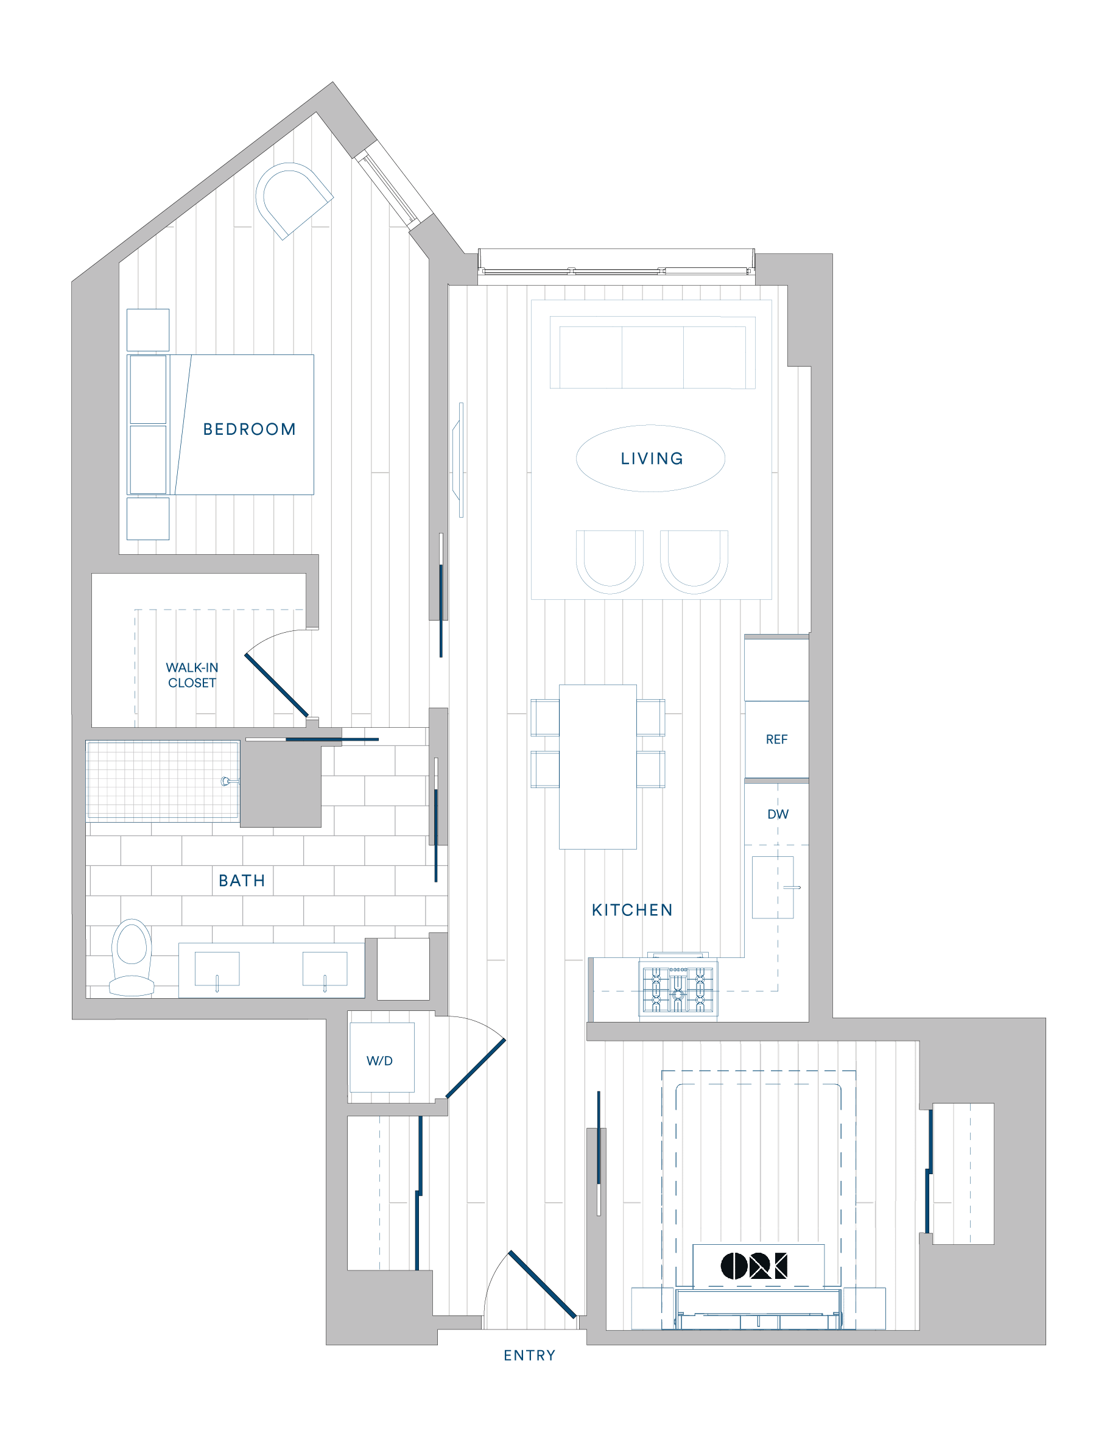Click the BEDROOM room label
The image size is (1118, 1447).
[x=249, y=429]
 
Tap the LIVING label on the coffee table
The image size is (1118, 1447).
[x=652, y=459]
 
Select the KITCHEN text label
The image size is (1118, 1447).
[x=632, y=910]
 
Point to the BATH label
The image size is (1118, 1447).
[x=242, y=881]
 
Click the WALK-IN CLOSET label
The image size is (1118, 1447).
[x=192, y=675]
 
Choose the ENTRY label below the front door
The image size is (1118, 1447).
[x=529, y=1356]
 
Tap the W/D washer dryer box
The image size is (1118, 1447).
[x=382, y=1058]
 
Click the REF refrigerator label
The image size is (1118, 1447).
[x=776, y=739]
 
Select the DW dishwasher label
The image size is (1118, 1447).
[x=778, y=814]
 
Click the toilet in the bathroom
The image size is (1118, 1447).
[x=132, y=957]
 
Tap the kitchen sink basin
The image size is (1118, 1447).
[x=772, y=887]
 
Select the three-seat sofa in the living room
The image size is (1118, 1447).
[x=652, y=353]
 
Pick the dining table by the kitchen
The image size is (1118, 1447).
[x=597, y=767]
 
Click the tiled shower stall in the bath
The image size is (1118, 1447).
[x=163, y=781]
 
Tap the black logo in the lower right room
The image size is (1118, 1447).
[x=754, y=1266]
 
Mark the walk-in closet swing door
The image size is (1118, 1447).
[x=276, y=685]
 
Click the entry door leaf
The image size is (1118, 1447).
[x=542, y=1284]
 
